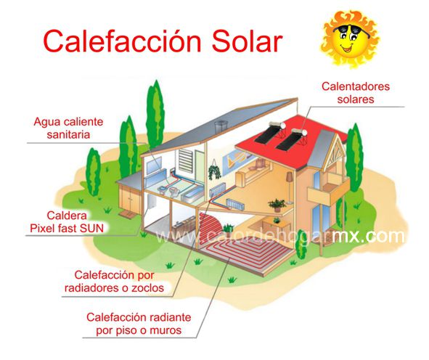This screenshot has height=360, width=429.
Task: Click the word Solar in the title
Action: point(247,41)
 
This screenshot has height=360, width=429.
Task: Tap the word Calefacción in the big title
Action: point(123,41)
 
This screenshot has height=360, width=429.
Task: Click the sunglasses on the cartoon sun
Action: point(351,30)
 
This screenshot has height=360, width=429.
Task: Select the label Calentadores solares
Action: point(356,93)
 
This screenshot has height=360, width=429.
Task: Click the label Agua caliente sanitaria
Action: point(68,128)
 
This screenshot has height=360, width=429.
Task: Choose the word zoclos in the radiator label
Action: point(148,287)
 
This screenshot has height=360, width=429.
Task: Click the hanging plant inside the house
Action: point(215,171)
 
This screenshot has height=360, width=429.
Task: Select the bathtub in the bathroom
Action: point(191,194)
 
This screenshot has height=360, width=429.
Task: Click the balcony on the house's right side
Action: point(328,190)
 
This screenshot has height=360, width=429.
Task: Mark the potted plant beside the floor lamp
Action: point(277,205)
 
